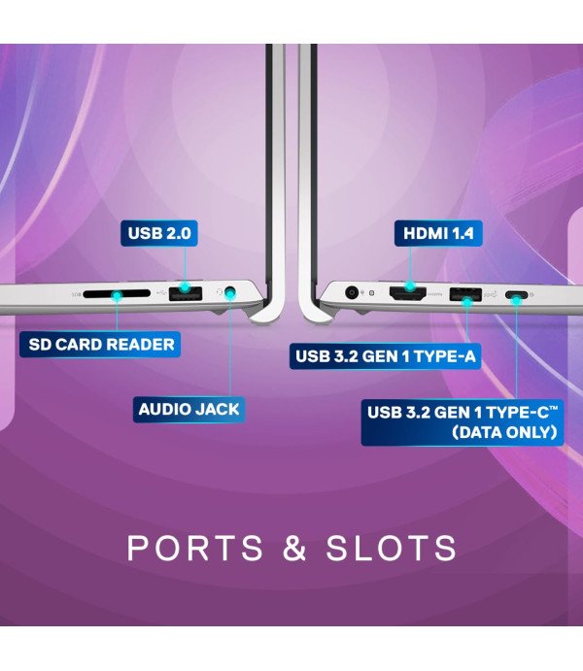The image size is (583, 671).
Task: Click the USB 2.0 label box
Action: tap(157, 233)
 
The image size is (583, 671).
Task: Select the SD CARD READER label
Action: tap(101, 344)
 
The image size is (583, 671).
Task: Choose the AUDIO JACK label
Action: tap(189, 409)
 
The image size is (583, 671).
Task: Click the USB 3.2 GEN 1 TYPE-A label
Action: tap(386, 356)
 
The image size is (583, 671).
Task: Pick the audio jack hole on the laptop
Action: tap(230, 290)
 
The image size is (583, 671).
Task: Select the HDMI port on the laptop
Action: tap(409, 290)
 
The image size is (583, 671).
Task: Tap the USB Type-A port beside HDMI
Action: tap(465, 291)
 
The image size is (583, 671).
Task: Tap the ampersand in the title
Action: tap(295, 548)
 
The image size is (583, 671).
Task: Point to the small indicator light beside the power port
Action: tap(369, 291)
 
